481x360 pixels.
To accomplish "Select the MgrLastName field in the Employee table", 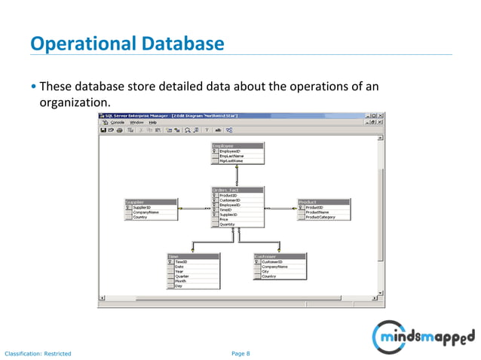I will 231,160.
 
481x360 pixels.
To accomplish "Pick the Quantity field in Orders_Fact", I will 228,224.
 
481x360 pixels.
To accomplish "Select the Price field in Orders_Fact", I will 224,219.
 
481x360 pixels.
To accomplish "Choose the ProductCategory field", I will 320,217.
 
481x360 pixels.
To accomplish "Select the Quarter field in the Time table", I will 182,276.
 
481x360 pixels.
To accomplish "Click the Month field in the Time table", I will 181,281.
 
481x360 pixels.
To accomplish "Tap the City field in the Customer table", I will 265,271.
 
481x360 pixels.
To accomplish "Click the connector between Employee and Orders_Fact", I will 237,176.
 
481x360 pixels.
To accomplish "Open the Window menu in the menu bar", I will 136,122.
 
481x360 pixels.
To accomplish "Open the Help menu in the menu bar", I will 152,122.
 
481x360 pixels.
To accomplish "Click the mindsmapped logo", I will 426,333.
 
